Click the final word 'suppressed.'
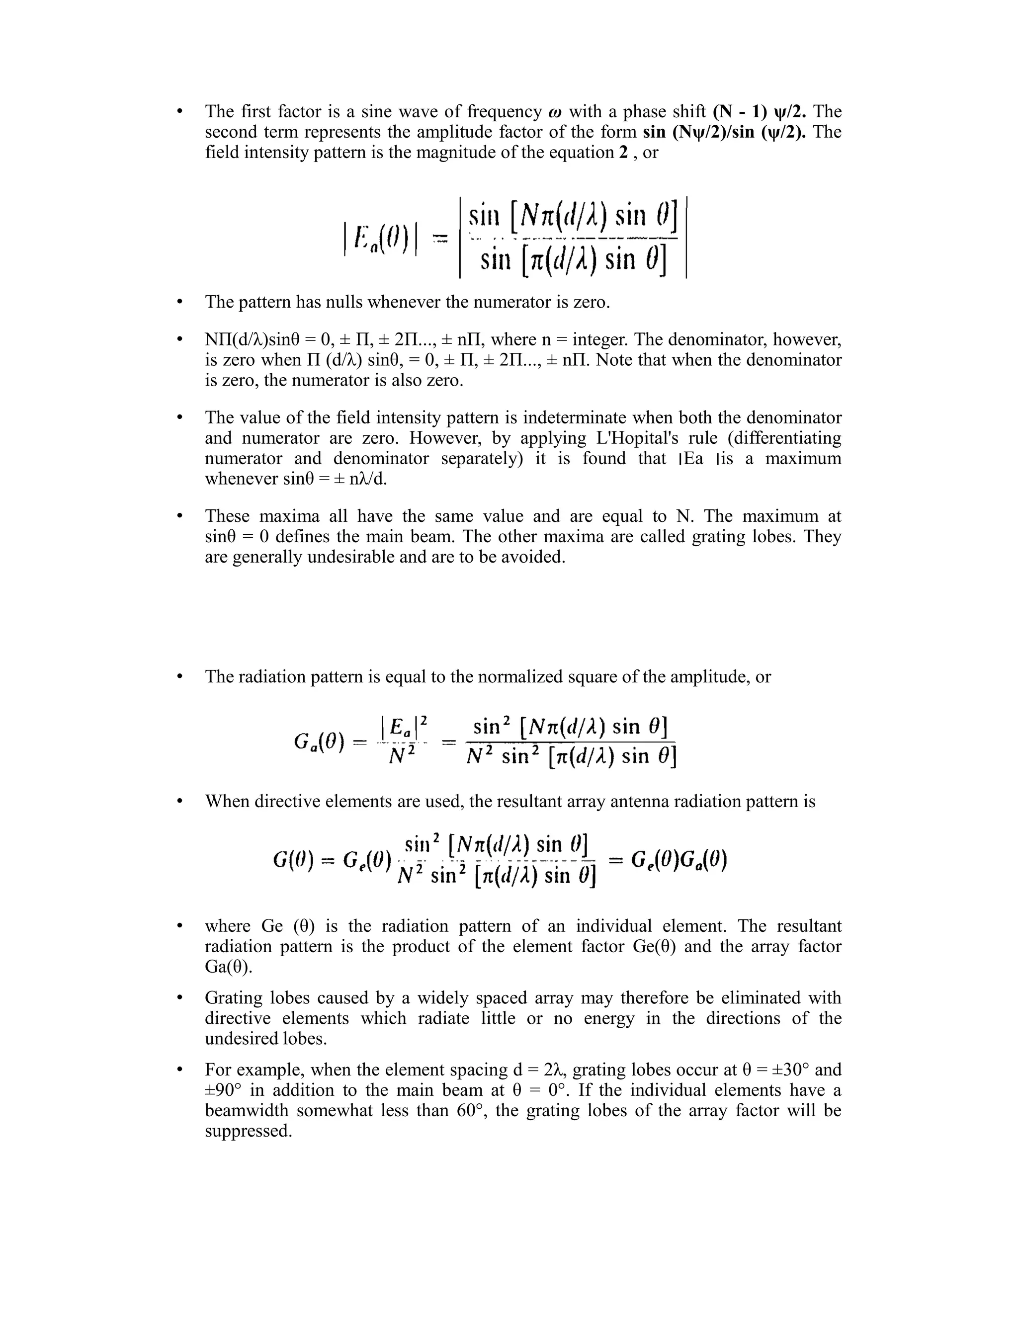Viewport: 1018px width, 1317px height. [249, 1131]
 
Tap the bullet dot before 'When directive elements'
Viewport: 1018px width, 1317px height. [179, 802]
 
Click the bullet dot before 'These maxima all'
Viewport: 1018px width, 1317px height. [179, 517]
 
